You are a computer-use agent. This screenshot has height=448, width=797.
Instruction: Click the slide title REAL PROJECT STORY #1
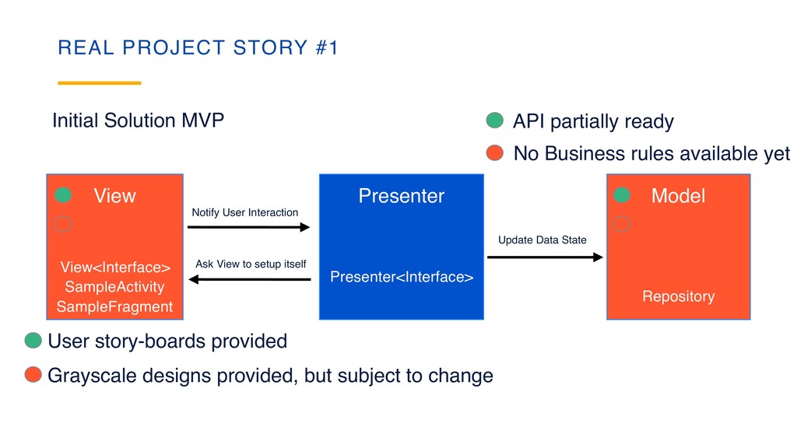(198, 48)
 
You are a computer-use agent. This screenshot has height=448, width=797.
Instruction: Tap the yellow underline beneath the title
(100, 82)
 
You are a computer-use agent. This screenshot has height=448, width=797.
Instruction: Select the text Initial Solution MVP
(138, 121)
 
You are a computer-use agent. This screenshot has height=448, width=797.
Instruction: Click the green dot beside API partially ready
(495, 121)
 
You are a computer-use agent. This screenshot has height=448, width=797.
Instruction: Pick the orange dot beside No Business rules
(495, 153)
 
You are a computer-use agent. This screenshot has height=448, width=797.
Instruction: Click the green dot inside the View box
(64, 195)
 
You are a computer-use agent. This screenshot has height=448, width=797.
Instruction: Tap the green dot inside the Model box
(621, 195)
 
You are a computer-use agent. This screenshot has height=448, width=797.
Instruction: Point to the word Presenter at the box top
(401, 196)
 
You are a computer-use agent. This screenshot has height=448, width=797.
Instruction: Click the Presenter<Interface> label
(402, 277)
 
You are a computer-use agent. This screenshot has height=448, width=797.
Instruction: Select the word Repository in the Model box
(678, 296)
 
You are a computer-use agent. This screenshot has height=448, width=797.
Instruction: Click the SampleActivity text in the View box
(114, 287)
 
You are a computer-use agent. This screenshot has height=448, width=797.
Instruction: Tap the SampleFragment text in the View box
(114, 306)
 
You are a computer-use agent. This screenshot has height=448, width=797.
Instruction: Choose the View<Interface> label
(114, 268)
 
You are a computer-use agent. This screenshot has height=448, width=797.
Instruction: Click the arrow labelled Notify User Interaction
(249, 227)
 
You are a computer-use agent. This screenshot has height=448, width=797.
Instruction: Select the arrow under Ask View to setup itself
(249, 279)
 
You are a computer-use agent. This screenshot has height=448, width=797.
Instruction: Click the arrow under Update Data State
(545, 257)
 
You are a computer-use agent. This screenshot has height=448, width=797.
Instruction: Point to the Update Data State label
(542, 240)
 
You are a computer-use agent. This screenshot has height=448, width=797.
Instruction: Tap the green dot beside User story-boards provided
(33, 341)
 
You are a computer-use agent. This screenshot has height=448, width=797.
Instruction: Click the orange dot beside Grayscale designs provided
(33, 376)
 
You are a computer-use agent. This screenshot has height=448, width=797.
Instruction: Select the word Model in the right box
(678, 196)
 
